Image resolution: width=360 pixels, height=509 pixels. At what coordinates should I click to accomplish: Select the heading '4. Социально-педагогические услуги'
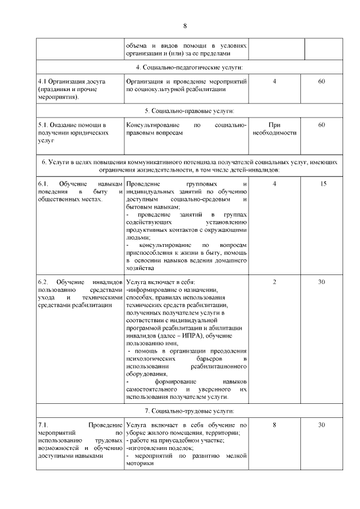186,67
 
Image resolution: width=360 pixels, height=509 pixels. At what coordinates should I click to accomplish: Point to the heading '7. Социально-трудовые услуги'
186,412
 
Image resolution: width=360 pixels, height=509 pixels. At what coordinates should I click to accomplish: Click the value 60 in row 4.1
322,82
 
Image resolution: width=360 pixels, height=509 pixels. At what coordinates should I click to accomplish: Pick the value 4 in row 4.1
274,82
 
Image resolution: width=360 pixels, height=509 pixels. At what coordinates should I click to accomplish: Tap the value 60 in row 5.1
322,125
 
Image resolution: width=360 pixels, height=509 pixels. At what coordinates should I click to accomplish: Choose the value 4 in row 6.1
274,184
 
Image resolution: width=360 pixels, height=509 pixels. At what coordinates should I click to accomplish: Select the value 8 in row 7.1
274,425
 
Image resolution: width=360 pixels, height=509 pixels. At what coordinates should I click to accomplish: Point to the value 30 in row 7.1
322,425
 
